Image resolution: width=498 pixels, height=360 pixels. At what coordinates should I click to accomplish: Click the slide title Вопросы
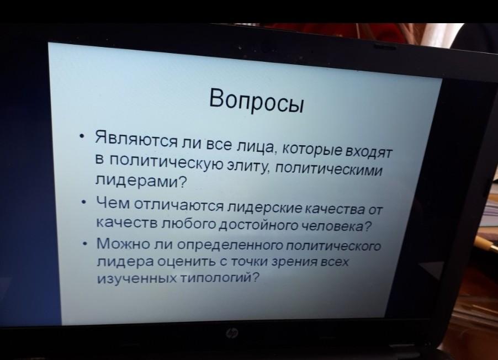coord(257,100)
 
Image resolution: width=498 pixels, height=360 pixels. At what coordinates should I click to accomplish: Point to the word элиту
coord(248,165)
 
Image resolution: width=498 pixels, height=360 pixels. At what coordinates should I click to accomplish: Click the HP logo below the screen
coord(232,333)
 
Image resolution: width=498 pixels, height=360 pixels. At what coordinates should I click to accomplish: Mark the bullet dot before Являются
coord(83,137)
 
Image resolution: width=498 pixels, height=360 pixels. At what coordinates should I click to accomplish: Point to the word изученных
coord(137,279)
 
